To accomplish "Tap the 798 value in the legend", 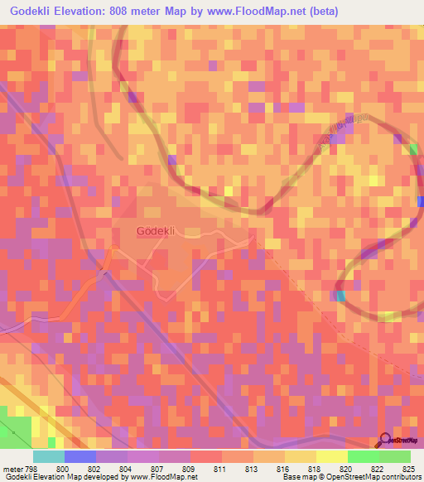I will [31, 468].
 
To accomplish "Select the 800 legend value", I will [63, 468].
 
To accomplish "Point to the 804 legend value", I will [126, 468].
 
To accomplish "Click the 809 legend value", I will [189, 468].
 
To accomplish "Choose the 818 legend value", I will [315, 468].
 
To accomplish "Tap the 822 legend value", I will [378, 468].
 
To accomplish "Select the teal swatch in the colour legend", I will [48, 456].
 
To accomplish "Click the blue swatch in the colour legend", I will [79, 456].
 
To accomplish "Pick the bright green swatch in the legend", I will [363, 456].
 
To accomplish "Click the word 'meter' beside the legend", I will [11, 468].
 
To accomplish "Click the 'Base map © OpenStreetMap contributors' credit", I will [351, 477].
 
